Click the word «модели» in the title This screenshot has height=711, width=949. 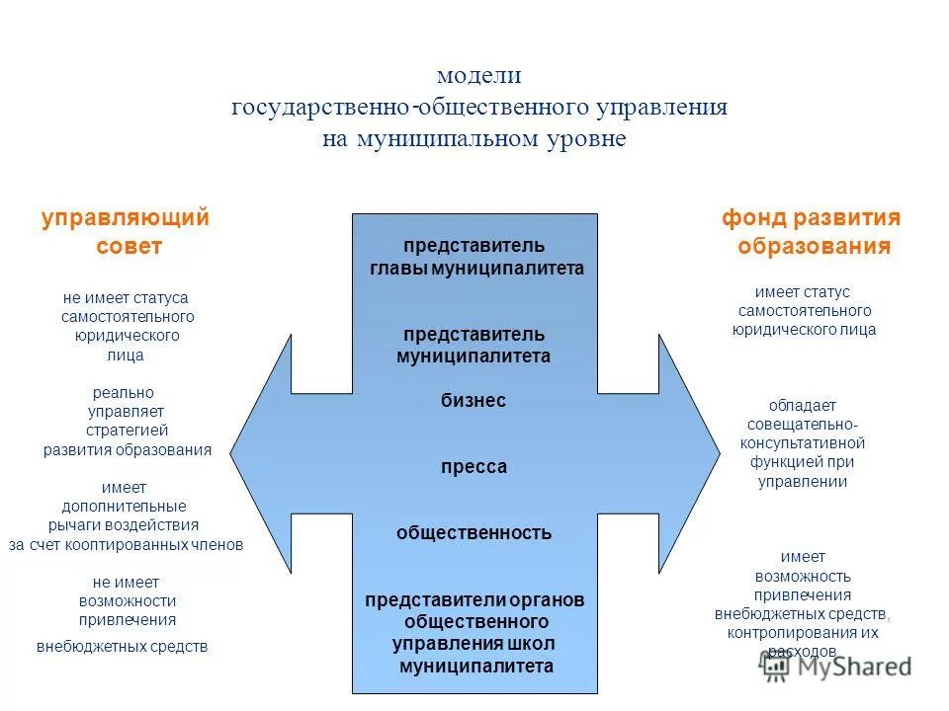coord(479,75)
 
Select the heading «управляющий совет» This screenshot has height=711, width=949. coord(127,232)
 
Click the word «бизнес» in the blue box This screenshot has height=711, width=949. coord(474,400)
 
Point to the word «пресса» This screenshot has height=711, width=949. coord(474,467)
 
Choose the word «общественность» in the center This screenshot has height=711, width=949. coord(474,533)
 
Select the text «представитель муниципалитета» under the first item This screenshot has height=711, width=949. coord(474,345)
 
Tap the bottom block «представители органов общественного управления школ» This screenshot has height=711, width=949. coord(475,633)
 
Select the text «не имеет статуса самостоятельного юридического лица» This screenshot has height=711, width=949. coord(127,326)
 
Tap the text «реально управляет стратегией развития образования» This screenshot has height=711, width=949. coord(127,421)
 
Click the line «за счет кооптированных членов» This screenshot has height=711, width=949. coord(127,544)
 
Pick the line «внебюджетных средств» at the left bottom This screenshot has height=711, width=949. coord(123,647)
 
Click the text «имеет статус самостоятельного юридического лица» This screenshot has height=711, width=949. coord(804,311)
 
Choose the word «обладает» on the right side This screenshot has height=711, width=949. coord(803,405)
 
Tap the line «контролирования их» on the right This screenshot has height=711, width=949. coord(803,632)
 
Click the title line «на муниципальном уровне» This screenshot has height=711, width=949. coord(474,138)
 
